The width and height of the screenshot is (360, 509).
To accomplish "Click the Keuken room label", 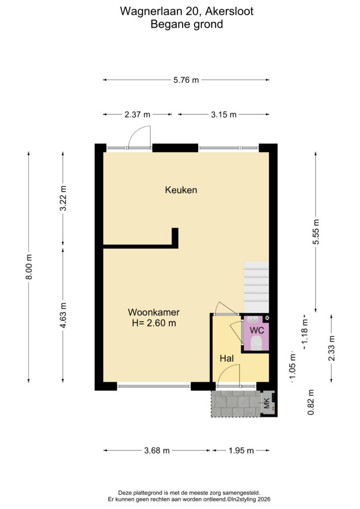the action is pos(181,190).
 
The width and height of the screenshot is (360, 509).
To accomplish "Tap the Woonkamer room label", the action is pos(154,312).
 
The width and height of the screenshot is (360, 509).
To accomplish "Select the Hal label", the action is pos(227,358).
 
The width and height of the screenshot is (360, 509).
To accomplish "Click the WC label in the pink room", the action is pos(257,331).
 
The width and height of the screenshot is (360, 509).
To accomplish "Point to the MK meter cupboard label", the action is pos(267,403).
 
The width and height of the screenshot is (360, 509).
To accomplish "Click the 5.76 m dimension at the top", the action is pos(186,80).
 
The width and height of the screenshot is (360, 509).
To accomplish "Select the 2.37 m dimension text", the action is pos(137,115).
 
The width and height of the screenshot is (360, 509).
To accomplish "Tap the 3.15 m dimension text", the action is pos(224,115).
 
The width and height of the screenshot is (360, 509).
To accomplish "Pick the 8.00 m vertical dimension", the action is pos(29,267).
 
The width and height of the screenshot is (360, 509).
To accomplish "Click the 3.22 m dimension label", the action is pos(63,198).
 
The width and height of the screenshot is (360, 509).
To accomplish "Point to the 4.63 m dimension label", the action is pos(63,315).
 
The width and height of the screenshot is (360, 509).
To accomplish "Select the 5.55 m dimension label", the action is pos(316,232).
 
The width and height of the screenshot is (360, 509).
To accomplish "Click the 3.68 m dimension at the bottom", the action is pos(157,450).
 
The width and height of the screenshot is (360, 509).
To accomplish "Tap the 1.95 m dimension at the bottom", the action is pos(241,450).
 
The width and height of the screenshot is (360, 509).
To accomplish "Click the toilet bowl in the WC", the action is pos(257,342).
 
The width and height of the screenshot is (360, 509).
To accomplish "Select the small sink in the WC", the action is pos(253,320).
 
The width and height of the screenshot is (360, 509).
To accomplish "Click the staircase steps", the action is pos(257,287).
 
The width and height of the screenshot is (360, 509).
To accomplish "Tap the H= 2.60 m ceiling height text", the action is pos(154,323).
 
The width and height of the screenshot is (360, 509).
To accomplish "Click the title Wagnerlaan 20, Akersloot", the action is pos(186,11).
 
